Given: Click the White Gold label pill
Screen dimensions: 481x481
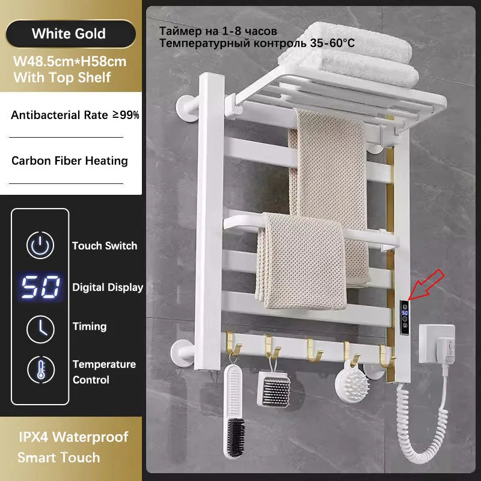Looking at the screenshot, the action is [x=70, y=34].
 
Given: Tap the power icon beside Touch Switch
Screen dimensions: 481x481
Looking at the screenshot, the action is [x=40, y=245].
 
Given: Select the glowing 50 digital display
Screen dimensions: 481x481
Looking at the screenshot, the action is [x=40, y=287].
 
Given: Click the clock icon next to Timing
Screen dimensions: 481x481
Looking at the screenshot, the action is [x=41, y=329].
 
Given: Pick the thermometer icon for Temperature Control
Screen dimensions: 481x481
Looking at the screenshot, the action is [x=41, y=370].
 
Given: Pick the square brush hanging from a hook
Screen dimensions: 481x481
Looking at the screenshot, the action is [x=274, y=388].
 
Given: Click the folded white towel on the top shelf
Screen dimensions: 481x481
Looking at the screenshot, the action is [x=350, y=55].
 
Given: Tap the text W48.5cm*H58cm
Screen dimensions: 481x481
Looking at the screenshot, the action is [x=70, y=62].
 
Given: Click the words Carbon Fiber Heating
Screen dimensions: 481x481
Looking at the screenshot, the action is [x=70, y=161].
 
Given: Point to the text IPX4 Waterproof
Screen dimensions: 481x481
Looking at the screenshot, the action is [x=73, y=437].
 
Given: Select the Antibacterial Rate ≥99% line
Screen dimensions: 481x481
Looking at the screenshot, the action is [x=75, y=115].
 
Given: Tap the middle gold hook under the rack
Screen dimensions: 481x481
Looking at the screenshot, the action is [x=314, y=351].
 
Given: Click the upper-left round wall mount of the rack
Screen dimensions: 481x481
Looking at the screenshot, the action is [x=188, y=108].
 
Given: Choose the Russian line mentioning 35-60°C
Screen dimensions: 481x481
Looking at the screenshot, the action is [x=257, y=43].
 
